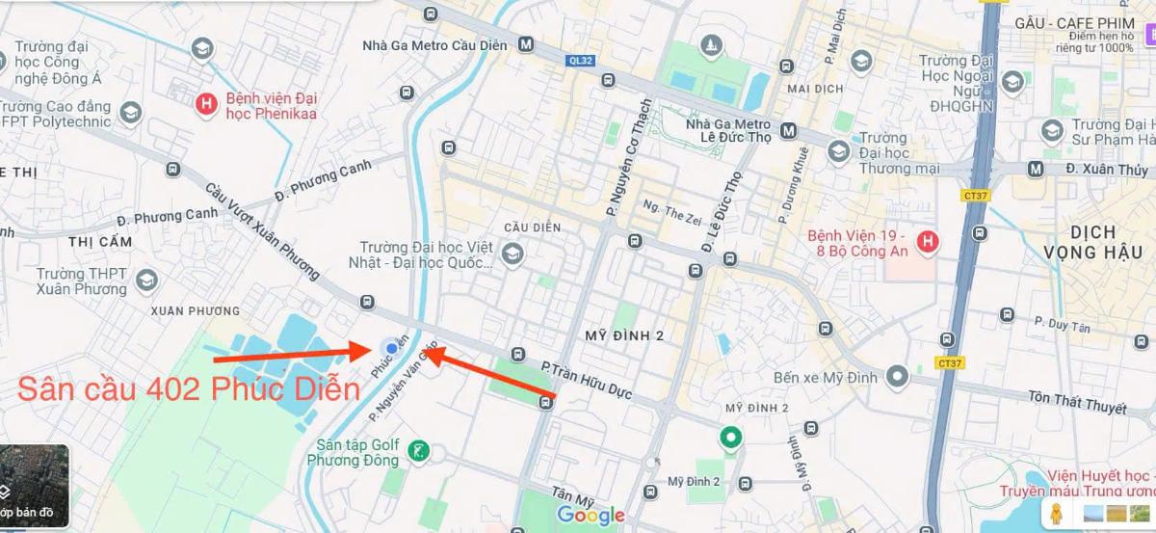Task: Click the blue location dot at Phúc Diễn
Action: pyautogui.click(x=389, y=348)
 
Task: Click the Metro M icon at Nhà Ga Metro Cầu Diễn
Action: pyautogui.click(x=526, y=43)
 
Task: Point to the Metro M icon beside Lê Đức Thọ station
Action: pyautogui.click(x=789, y=130)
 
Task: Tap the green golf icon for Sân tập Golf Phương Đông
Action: pyautogui.click(x=418, y=450)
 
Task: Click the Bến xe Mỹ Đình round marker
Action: pyautogui.click(x=898, y=376)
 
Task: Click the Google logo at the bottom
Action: pyautogui.click(x=590, y=515)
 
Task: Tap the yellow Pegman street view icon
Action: pyautogui.click(x=1056, y=511)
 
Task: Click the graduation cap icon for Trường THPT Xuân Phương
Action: pyautogui.click(x=145, y=280)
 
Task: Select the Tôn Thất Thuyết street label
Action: pyautogui.click(x=1077, y=402)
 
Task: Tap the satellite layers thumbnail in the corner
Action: pyautogui.click(x=34, y=487)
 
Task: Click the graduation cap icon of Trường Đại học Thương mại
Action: pyautogui.click(x=838, y=151)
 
